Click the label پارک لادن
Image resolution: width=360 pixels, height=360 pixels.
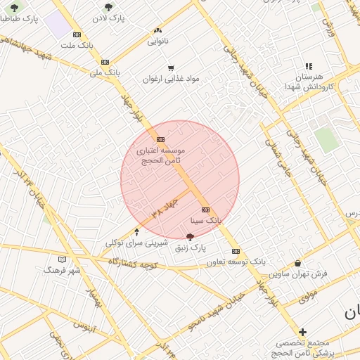click(112, 19)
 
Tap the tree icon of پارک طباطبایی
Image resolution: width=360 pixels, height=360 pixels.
click(15, 8)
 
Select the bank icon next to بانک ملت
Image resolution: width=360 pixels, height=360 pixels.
click(77, 34)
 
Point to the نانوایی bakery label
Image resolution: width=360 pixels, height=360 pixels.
click(157, 41)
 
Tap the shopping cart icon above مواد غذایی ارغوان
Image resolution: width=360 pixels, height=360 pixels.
click(171, 67)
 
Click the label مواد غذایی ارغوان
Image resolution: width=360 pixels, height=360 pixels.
click(172, 79)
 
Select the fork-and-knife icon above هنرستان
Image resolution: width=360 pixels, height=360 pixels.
click(308, 66)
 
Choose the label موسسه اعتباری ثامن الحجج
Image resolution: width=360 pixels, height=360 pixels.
click(162, 156)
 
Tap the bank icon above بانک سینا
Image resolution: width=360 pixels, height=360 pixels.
click(205, 210)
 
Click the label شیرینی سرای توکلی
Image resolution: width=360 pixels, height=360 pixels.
click(136, 243)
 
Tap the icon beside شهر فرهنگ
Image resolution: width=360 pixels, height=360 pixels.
click(62, 259)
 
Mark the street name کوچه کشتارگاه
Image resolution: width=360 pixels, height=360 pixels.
click(133, 263)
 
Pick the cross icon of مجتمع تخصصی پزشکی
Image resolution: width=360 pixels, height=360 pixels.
click(302, 332)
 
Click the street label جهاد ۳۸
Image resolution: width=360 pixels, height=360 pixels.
click(166, 207)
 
